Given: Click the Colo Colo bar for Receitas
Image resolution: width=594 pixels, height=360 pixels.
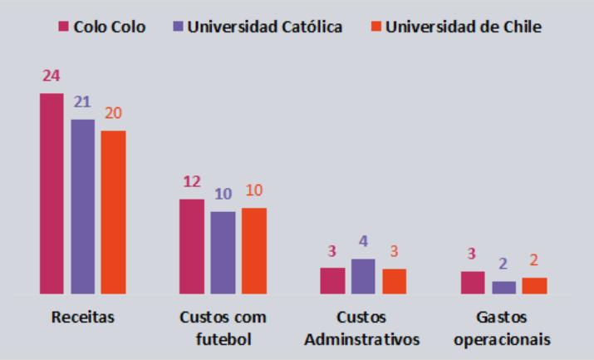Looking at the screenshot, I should (52, 194).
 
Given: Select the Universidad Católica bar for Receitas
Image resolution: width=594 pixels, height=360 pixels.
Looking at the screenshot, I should (82, 207).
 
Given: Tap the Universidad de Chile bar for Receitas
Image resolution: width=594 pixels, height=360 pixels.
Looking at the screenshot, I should (113, 212).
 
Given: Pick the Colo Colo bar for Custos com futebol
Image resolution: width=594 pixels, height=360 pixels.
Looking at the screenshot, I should (192, 247).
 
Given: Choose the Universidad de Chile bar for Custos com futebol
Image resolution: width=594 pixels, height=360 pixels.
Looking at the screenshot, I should (253, 251).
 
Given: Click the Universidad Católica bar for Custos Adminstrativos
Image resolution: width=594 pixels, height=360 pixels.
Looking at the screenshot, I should (363, 277).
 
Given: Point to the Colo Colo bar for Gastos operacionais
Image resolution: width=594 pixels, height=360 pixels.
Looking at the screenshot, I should (473, 283).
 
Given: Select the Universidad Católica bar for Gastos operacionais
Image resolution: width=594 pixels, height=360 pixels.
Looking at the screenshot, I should (503, 288).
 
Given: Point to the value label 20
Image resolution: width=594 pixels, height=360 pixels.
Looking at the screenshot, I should (113, 113).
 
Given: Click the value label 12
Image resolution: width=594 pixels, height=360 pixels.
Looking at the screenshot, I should (192, 182).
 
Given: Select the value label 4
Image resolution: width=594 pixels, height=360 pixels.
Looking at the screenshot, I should (363, 242).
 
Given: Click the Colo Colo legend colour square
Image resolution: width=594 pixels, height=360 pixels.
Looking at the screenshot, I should (62, 27).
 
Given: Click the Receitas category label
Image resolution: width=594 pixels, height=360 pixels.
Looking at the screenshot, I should (82, 318).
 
